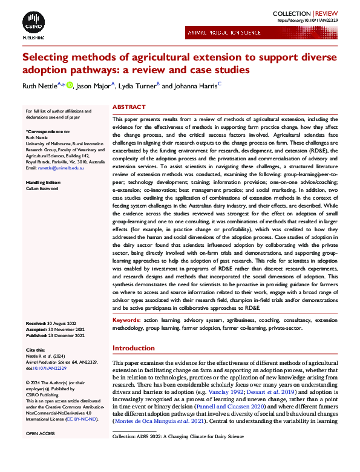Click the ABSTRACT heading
click(x=129, y=107)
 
